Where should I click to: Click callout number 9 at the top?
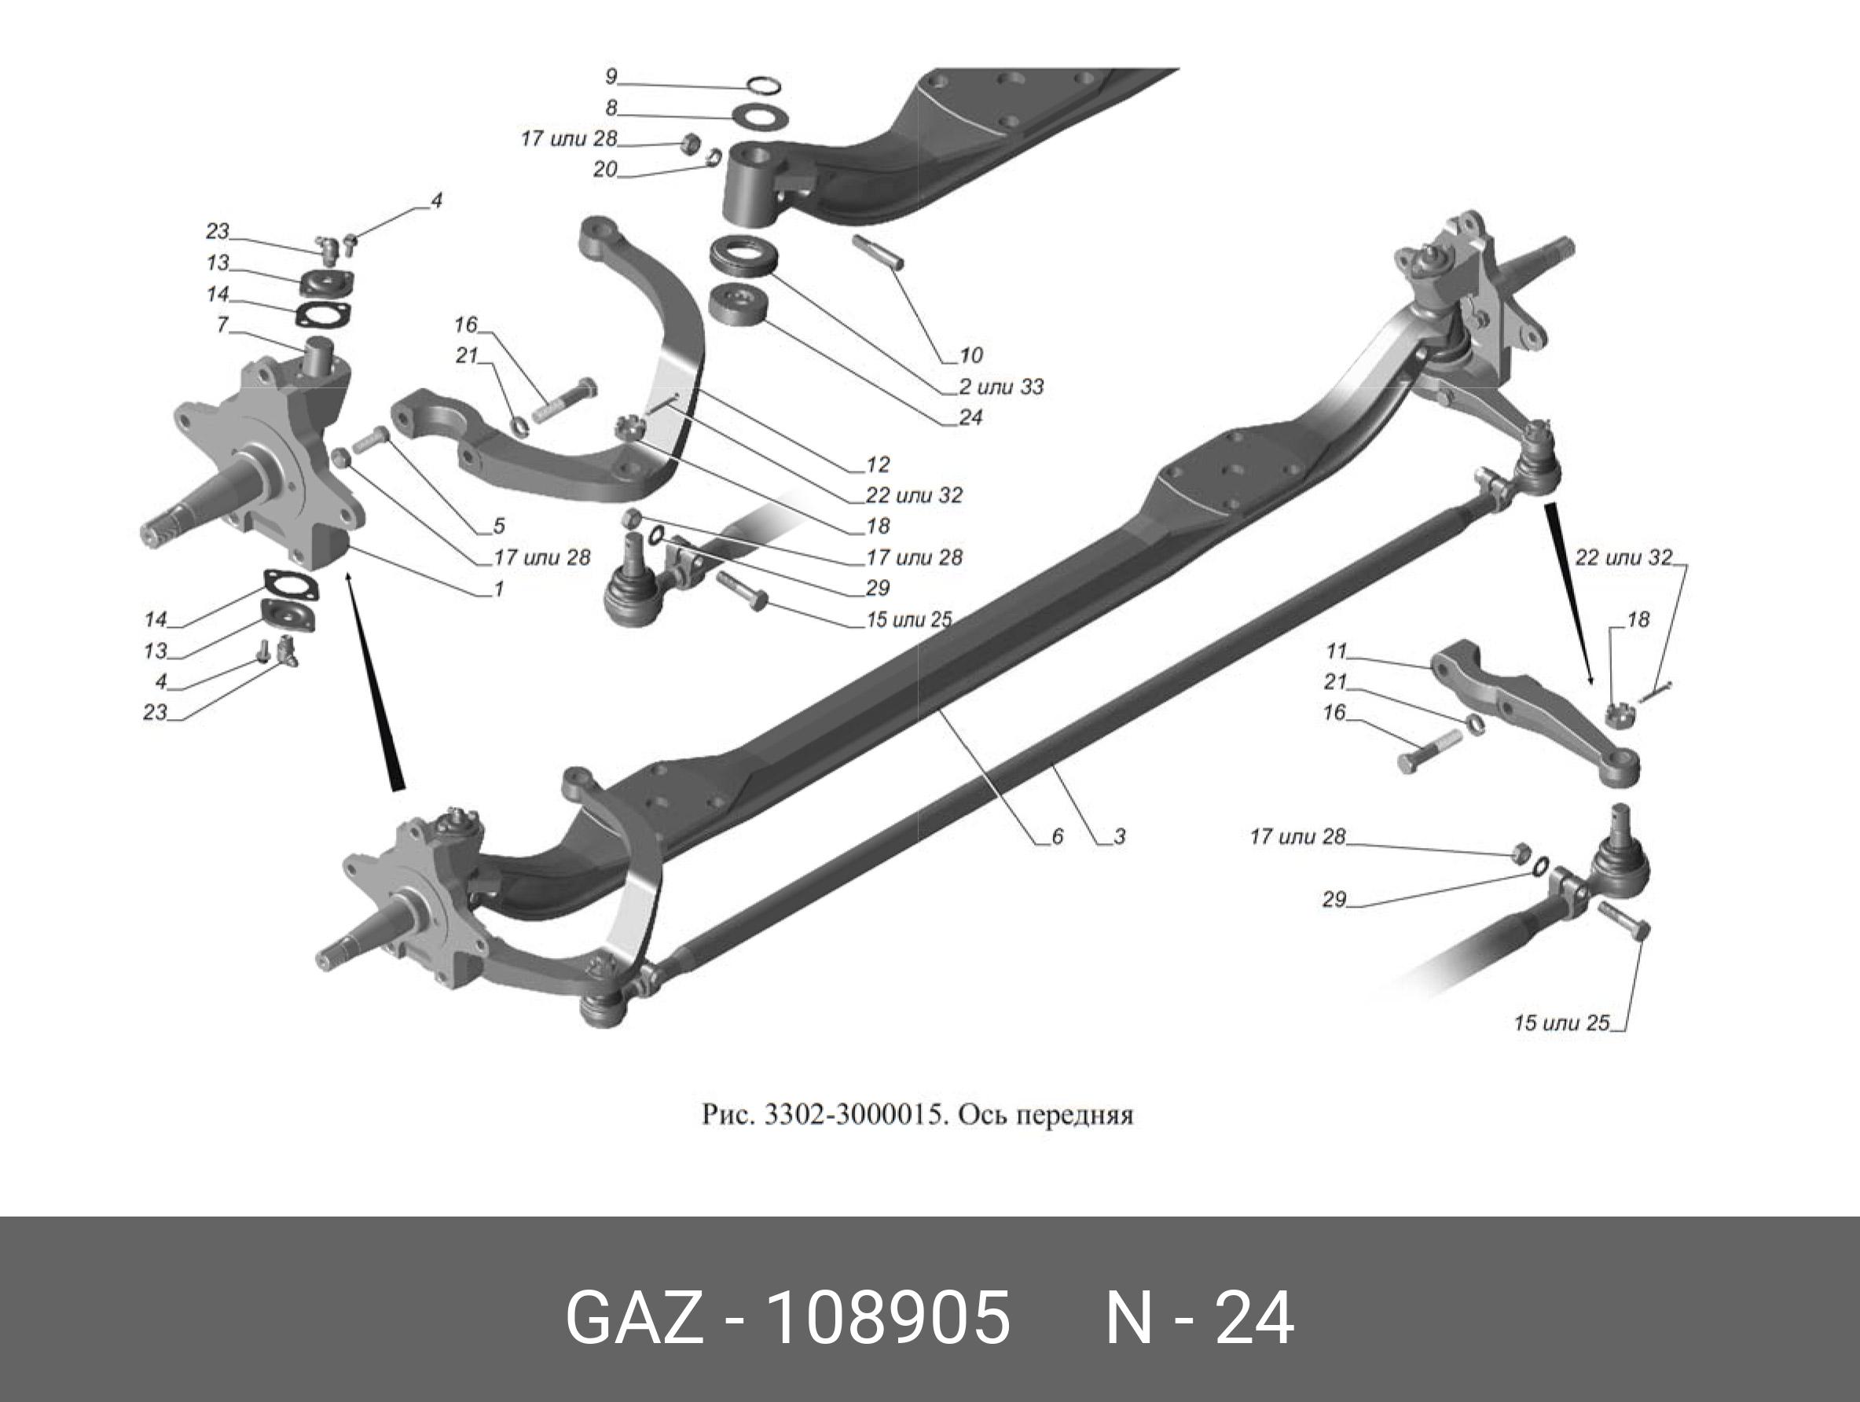point(611,76)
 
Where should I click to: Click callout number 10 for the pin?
point(971,355)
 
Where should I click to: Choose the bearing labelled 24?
point(737,303)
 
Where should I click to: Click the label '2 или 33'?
point(1001,387)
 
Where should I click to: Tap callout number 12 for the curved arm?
point(878,464)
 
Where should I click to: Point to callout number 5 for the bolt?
point(499,526)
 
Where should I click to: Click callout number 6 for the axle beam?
point(1057,836)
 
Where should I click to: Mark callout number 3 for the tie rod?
point(1119,836)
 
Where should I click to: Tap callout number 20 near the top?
point(604,169)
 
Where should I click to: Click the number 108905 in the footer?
point(890,1319)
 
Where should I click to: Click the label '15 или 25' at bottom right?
point(1561,1022)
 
